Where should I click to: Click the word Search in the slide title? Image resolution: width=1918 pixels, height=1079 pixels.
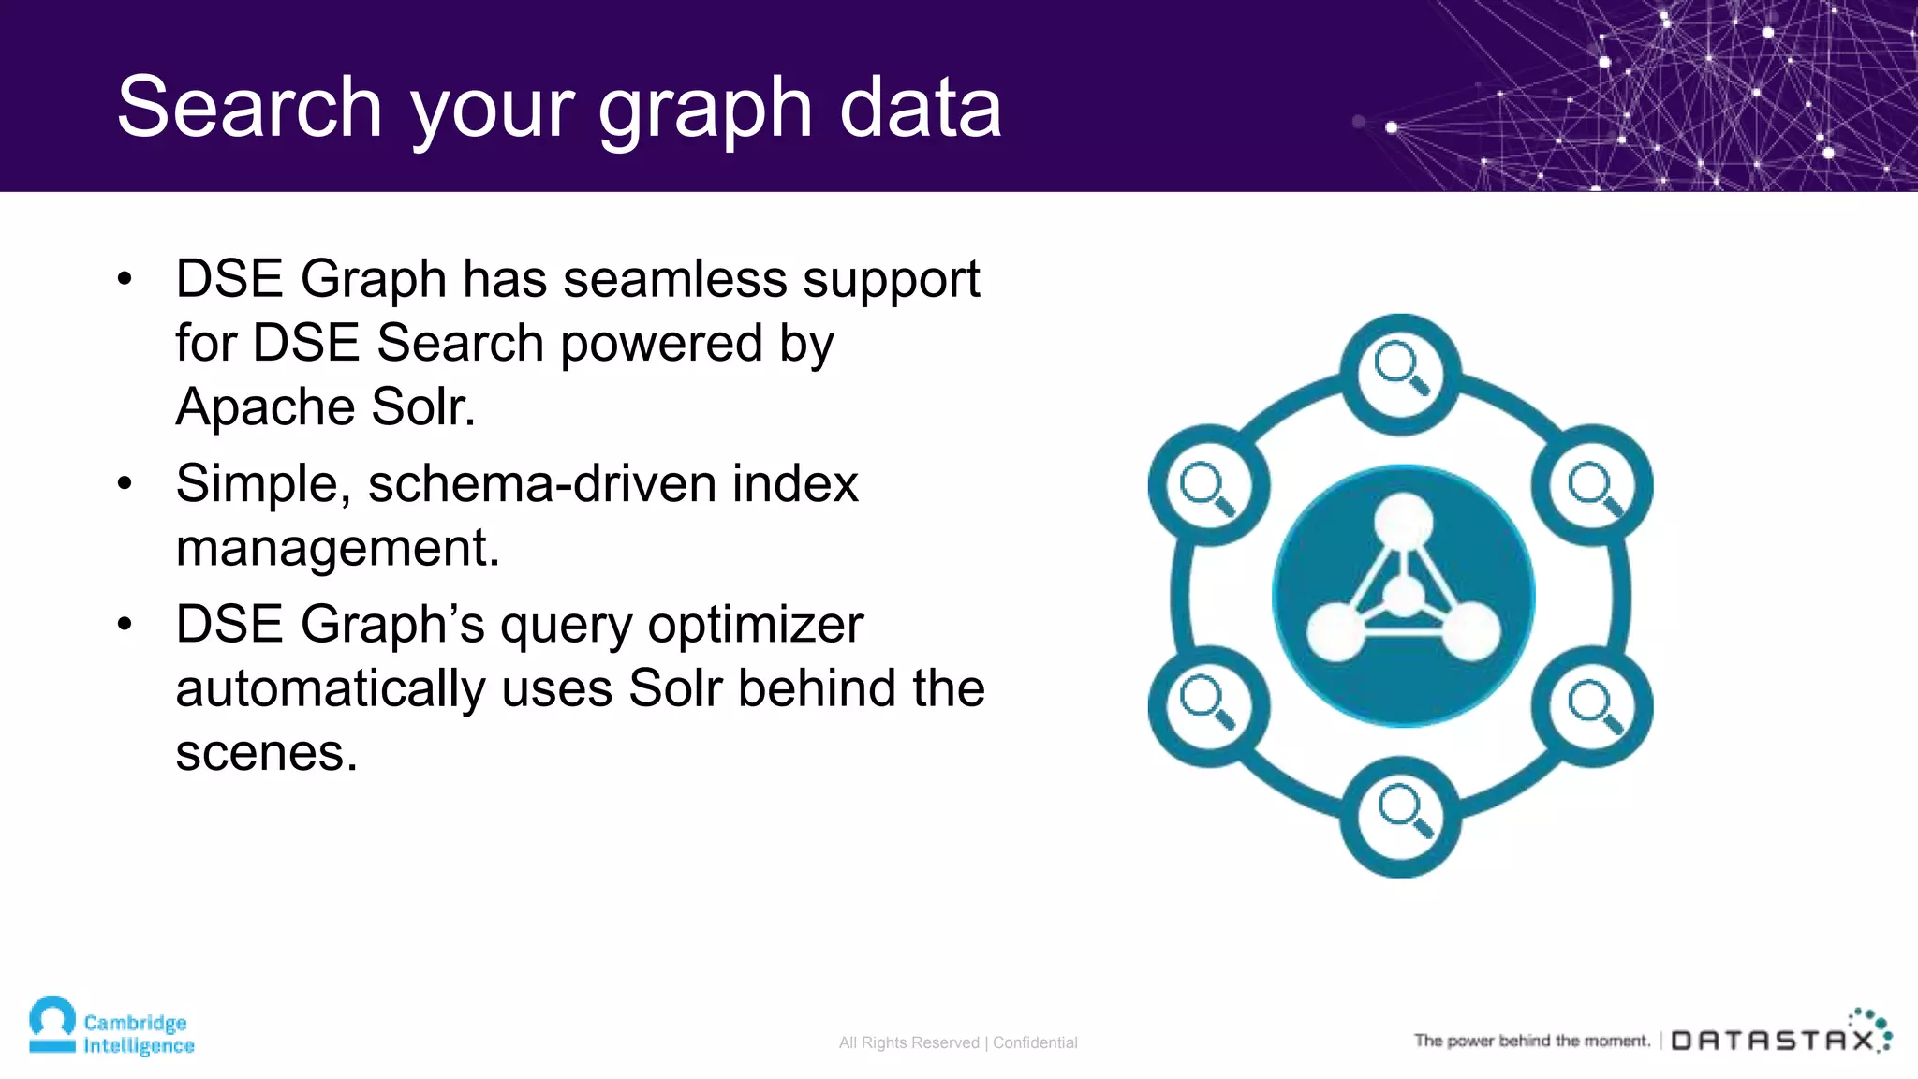click(249, 108)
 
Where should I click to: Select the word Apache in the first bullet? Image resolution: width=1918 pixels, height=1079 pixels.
click(264, 406)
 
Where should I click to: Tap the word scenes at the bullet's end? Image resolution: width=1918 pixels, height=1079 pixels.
click(266, 752)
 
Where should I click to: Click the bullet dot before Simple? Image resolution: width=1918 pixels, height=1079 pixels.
click(125, 484)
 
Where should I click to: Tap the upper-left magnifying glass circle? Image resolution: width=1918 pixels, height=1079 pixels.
click(1208, 485)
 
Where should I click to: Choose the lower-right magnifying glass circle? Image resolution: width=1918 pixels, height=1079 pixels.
click(1592, 704)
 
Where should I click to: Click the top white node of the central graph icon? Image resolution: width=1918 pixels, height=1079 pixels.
click(1403, 521)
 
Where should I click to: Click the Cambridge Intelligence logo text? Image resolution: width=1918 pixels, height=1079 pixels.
click(138, 1034)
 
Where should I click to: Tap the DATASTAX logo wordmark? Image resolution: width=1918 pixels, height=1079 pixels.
click(1773, 1041)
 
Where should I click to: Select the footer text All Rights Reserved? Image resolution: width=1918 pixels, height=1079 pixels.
click(908, 1042)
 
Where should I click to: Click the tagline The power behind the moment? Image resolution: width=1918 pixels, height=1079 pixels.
click(1531, 1041)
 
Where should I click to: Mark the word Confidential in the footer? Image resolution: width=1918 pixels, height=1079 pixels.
click(1035, 1042)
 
